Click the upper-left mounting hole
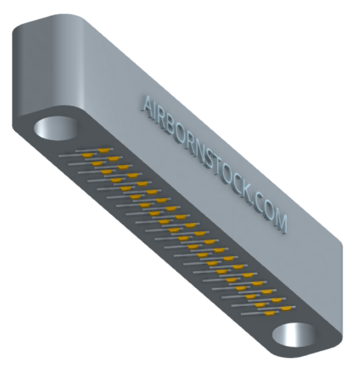(56, 128)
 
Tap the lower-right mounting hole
(294, 335)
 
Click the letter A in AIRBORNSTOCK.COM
(148, 107)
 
